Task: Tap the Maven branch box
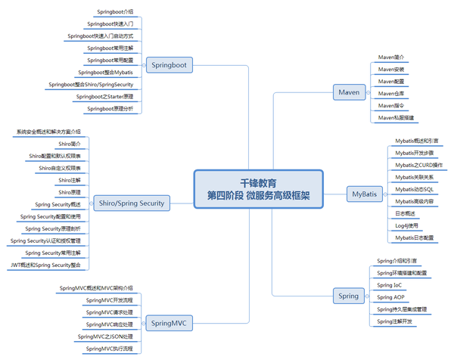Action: pos(348,92)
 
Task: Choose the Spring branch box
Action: pos(348,295)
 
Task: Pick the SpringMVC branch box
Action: pos(169,323)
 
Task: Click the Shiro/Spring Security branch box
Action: pos(131,203)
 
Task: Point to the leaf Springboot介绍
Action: pos(116,13)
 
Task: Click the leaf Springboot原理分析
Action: pos(110,109)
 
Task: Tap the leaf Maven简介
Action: pos(392,57)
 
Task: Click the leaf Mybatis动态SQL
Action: pos(414,189)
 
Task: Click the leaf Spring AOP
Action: pos(391,297)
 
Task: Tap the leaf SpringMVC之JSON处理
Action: pos(105,336)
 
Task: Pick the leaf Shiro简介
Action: pos(70,143)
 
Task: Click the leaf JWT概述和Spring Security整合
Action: pos(46,265)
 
